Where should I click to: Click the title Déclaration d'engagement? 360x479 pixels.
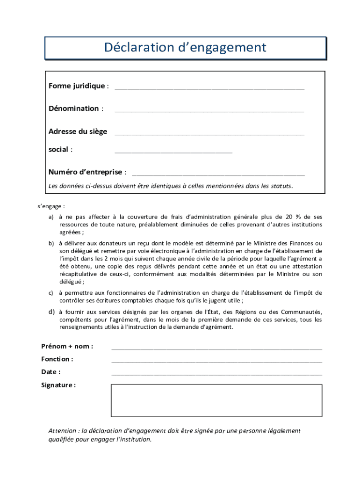[185, 48]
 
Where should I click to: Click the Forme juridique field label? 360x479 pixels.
[77, 86]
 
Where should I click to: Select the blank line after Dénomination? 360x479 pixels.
[209, 111]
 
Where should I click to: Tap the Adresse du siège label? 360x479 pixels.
[78, 131]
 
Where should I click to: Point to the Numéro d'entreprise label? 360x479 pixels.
[85, 172]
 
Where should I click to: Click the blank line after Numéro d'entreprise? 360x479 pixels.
[218, 174]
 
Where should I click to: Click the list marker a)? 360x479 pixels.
[51, 217]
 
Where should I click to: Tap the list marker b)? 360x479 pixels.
[51, 243]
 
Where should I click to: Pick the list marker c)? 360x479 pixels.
[51, 293]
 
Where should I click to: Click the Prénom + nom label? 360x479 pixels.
[67, 346]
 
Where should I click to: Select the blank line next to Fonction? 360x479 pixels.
[216, 361]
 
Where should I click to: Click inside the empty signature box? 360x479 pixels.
[216, 400]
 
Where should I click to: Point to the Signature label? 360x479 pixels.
[58, 385]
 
